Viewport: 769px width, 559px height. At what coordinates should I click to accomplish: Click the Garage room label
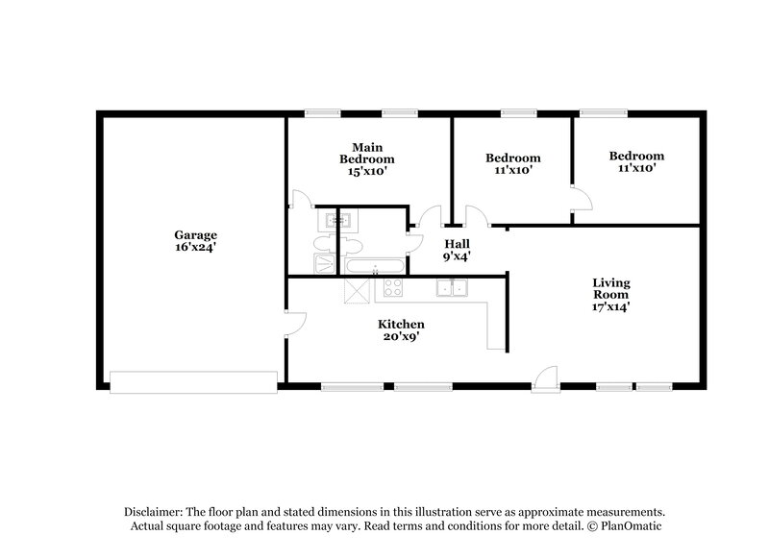196,235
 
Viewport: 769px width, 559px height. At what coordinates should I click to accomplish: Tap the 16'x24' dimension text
196,248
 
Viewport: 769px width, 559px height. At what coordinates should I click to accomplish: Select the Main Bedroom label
367,154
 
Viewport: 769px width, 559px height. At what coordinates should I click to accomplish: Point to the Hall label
458,244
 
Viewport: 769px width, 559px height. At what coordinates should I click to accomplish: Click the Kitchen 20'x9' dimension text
401,336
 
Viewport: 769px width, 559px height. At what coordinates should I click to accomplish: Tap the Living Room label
611,288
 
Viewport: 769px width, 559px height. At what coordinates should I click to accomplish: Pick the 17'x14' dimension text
611,307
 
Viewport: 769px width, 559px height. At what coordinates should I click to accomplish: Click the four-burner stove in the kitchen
393,287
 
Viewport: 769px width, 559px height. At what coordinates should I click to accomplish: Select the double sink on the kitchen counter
452,287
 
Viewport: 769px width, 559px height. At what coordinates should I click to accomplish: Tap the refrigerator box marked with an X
357,290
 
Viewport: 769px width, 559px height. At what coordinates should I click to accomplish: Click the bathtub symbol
375,266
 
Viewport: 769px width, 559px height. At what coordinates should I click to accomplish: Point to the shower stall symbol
325,263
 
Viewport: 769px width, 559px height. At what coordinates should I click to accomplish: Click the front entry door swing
546,379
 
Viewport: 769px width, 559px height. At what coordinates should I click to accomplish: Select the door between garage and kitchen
296,324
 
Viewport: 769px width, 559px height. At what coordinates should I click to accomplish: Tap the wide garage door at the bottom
194,382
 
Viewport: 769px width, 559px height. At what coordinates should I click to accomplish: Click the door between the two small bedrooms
583,199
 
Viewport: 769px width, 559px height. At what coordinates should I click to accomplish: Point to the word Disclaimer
153,512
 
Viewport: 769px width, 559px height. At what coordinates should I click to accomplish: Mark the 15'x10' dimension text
367,172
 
